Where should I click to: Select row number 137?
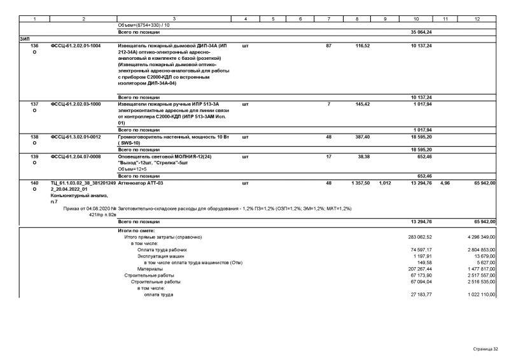pos(34,104)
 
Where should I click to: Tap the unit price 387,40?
pos(362,137)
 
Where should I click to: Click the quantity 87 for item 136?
pos(328,46)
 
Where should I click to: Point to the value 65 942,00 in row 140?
pos(483,183)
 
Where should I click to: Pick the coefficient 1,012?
pos(384,183)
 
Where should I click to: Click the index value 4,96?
pos(445,183)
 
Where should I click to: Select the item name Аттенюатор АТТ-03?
pos(141,183)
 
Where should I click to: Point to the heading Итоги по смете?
pos(137,230)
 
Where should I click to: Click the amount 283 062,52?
pos(421,237)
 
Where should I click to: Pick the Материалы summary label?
pos(150,269)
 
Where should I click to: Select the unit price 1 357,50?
pos(360,183)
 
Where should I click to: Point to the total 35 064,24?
pos(421,32)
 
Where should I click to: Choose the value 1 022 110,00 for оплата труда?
pos(480,295)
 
